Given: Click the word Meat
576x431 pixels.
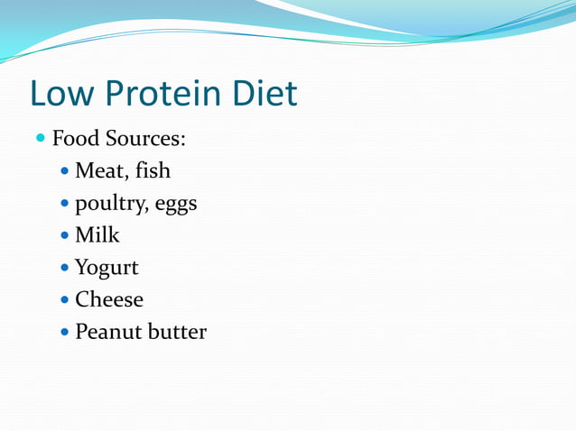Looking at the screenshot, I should pos(101,170).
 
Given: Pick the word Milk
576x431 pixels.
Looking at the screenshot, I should pos(97,235).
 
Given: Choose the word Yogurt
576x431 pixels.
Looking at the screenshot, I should pos(107,268).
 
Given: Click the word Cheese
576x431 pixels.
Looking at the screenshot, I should pos(108,299).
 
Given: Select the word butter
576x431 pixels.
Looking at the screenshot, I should pos(177,332).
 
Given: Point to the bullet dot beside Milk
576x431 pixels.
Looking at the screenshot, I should pos(65,236).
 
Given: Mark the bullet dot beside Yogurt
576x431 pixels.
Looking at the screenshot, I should pos(65,268).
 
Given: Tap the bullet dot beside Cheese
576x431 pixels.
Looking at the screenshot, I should pos(65,300).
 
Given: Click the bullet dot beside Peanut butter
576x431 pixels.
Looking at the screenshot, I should pos(65,333).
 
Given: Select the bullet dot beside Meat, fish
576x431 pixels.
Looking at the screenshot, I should pos(65,171).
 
